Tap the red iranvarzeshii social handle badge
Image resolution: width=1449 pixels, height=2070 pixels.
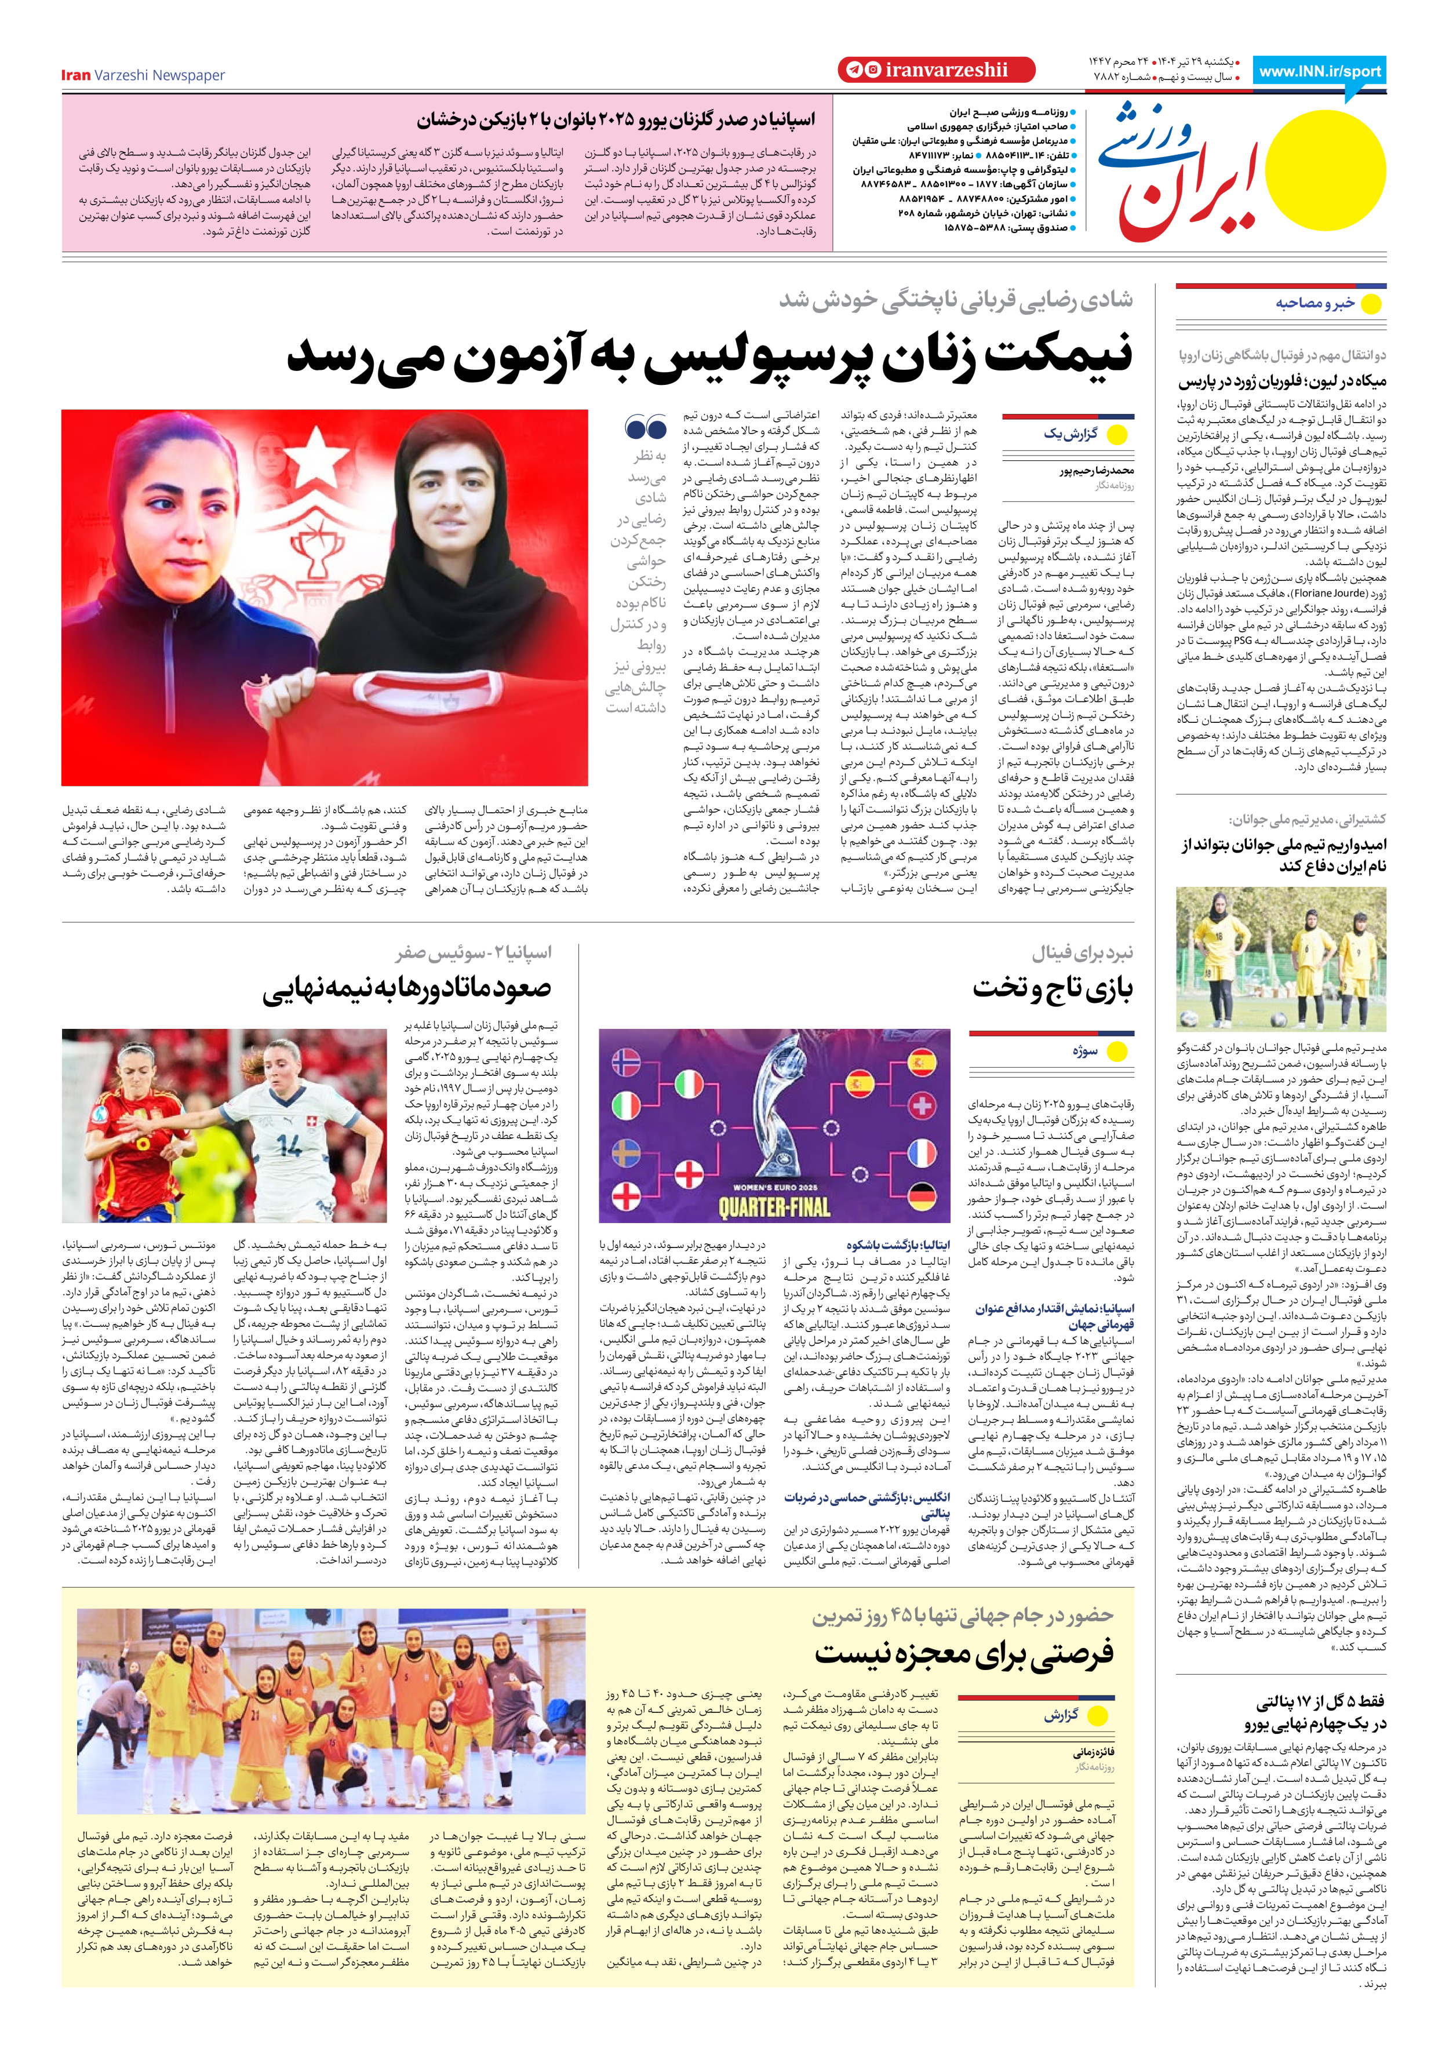pyautogui.click(x=935, y=70)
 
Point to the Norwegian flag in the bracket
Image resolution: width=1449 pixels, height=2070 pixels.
pyautogui.click(x=626, y=1062)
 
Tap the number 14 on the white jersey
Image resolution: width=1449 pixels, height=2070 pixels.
pyautogui.click(x=289, y=1145)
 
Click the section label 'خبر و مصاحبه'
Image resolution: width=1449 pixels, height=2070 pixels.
pyautogui.click(x=1315, y=304)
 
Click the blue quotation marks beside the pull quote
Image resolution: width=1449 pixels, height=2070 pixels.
pyautogui.click(x=646, y=427)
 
